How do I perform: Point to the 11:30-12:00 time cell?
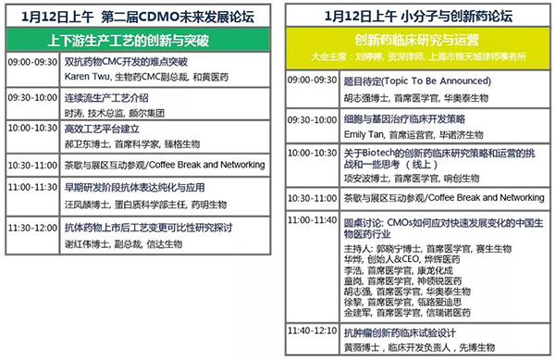pos(32,225)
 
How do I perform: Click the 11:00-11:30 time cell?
pos(32,185)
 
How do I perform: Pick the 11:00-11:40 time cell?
pos(313,220)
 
